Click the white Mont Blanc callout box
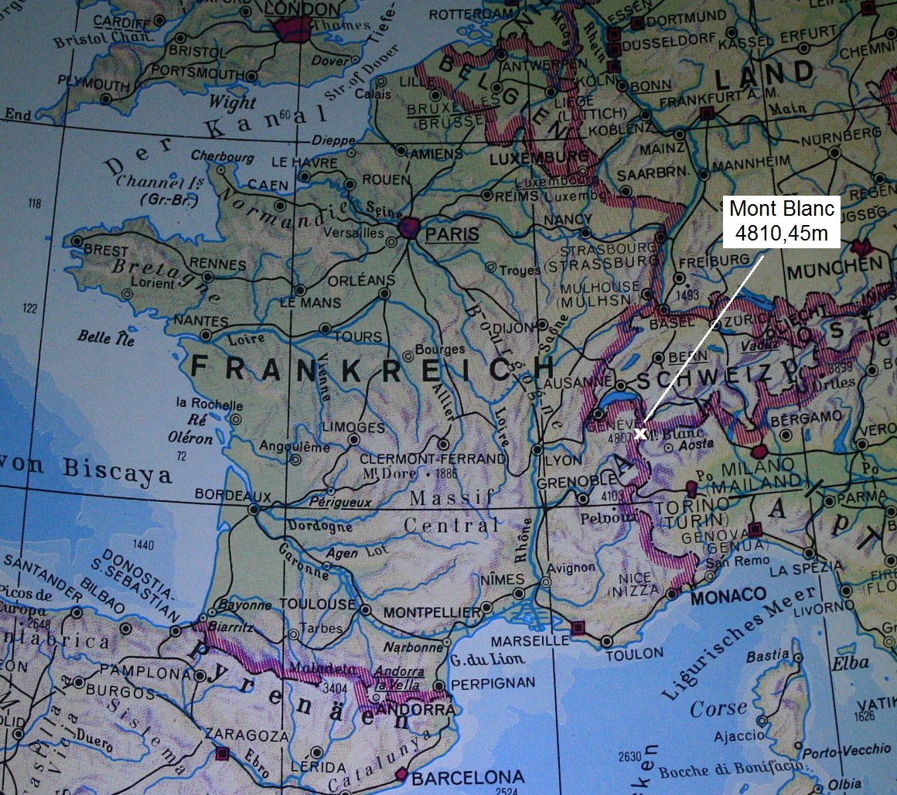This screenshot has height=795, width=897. coord(783,220)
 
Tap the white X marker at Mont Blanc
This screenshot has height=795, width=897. coord(640,433)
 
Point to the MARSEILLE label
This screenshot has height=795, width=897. coord(530,640)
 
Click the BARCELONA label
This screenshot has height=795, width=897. coord(466,777)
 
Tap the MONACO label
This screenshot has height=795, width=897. coord(728,597)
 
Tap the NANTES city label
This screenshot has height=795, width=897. coord(201,320)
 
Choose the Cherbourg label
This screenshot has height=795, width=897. coord(223,155)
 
